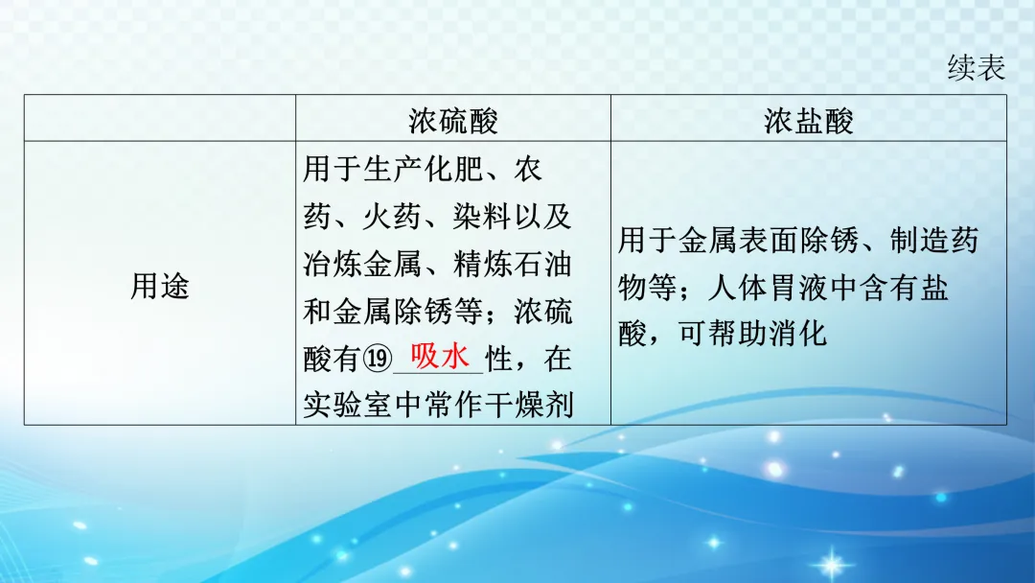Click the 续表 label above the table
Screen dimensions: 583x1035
(x=976, y=68)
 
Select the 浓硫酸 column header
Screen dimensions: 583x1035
(x=452, y=120)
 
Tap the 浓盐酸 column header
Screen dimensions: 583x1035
(x=808, y=120)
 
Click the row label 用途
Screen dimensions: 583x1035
(x=160, y=285)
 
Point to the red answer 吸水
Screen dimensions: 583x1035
(x=440, y=357)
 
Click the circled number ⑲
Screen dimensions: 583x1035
(x=378, y=361)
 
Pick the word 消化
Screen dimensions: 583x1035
(x=800, y=335)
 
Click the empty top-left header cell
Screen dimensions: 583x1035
(x=160, y=119)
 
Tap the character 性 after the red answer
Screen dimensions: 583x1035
(x=500, y=361)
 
